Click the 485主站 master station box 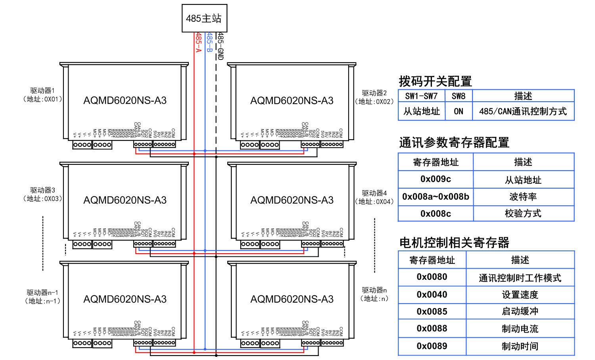coord(204,18)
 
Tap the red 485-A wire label coord(198,42)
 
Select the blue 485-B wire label coord(209,42)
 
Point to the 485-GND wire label coord(221,46)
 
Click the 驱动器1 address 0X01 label coord(42,95)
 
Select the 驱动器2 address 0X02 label coord(374,97)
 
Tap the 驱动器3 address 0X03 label coord(42,194)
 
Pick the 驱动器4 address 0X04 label coord(374,197)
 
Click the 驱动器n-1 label coord(42,296)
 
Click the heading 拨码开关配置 coord(435,81)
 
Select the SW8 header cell coord(459,96)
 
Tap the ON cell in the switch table coord(459,112)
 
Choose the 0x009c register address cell coord(436,179)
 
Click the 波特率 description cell coord(523,197)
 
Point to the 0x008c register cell coord(436,214)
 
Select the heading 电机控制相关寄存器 coord(454,243)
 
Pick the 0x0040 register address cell coord(432,295)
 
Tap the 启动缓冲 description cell coord(520,312)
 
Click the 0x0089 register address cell coord(432,346)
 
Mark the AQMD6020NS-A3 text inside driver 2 coord(292,101)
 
